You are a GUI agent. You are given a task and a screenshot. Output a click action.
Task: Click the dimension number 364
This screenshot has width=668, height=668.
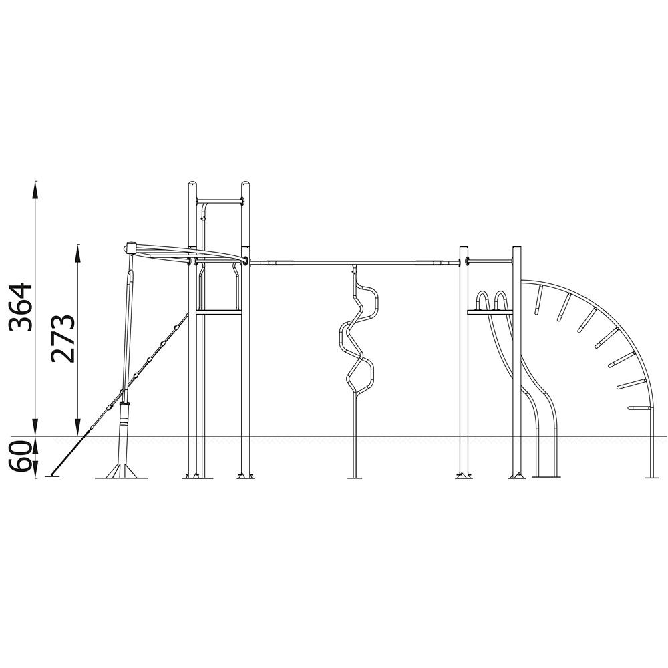click(21, 307)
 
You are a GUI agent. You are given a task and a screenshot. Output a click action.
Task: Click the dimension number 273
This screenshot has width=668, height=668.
click(63, 339)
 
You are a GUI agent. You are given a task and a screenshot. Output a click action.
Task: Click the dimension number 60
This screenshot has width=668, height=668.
click(21, 456)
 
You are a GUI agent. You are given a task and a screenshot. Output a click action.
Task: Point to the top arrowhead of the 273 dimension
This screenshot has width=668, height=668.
click(77, 253)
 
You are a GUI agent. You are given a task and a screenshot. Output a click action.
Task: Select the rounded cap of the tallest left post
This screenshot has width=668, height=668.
click(193, 184)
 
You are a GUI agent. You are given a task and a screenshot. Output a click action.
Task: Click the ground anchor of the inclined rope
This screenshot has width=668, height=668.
click(52, 476)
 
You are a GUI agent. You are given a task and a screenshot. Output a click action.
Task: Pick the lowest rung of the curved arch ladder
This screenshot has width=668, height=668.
click(639, 409)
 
